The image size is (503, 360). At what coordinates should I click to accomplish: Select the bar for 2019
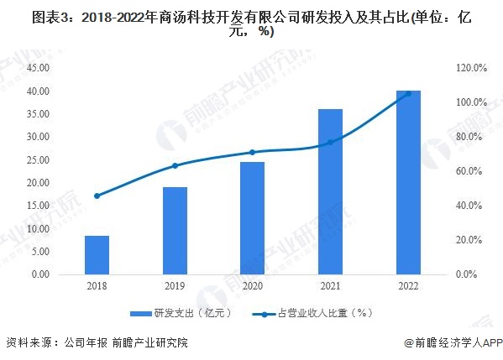click(175, 231)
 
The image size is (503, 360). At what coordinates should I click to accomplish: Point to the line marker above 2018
click(97, 196)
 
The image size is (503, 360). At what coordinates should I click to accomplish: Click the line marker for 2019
click(175, 165)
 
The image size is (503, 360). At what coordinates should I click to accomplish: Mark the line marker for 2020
click(252, 152)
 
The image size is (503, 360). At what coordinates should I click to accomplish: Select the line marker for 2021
click(330, 142)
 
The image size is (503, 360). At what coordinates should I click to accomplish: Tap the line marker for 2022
click(408, 94)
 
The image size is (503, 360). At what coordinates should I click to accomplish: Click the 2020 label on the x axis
click(252, 286)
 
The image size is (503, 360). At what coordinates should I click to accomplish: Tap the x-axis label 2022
click(408, 286)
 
